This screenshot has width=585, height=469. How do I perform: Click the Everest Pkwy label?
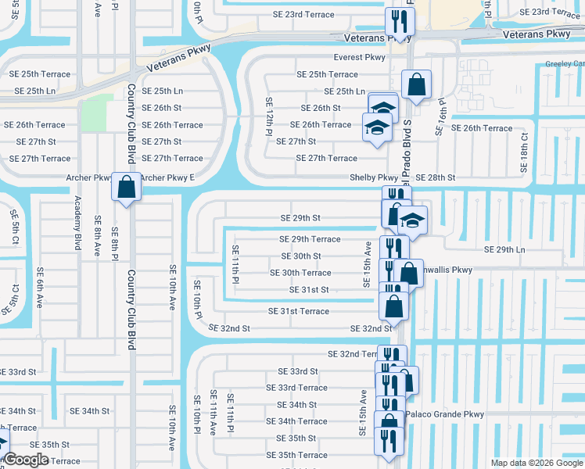point(359,58)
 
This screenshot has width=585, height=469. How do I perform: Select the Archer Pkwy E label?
point(167,177)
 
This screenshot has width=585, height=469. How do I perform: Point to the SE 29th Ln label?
point(504,249)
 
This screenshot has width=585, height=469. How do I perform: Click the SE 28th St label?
point(435,177)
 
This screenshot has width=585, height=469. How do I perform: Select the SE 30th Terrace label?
point(300,273)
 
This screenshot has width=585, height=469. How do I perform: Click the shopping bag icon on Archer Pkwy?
point(126,188)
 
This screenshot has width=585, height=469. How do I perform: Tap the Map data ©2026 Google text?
point(537,463)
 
